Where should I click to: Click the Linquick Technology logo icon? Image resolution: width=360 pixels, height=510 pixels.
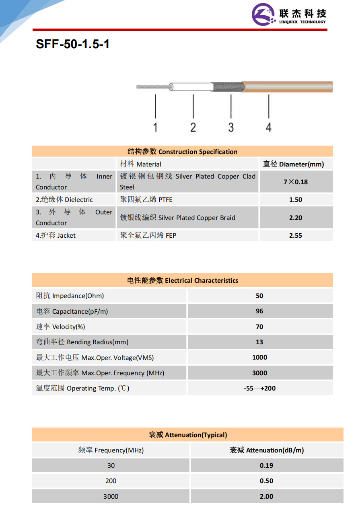tap(263, 15)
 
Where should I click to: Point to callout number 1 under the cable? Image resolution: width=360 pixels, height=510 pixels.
tap(155, 127)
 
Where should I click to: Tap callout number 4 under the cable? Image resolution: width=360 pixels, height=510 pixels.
tap(269, 127)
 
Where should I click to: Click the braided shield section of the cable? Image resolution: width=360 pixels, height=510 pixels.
tap(227, 86)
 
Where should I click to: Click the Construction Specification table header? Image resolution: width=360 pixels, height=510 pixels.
tap(182, 152)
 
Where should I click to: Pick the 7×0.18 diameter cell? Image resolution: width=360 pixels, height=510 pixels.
tap(296, 182)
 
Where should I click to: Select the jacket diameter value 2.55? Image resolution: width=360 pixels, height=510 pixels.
tap(296, 236)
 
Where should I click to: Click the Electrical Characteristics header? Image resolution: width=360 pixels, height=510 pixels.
tap(182, 280)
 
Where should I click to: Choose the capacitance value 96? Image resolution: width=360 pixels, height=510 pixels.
tap(259, 311)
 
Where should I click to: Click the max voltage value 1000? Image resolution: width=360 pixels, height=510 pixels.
tap(259, 358)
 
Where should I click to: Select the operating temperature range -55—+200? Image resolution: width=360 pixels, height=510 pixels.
tap(259, 389)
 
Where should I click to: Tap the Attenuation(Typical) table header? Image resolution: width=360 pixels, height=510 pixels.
tap(187, 435)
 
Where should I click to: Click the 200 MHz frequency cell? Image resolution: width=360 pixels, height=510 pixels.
tap(111, 481)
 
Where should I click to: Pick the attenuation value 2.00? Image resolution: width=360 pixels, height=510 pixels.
tap(266, 496)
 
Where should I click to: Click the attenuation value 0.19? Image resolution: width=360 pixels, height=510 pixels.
tap(266, 466)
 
